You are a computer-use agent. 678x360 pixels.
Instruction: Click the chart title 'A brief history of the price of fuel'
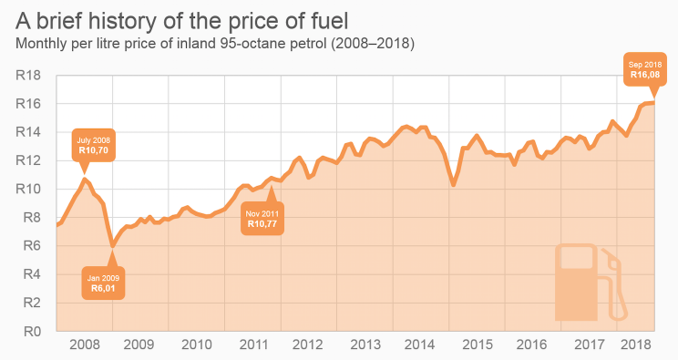[178, 18]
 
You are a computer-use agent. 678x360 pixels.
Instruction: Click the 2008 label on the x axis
[84, 345]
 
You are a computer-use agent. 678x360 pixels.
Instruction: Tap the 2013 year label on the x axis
[365, 345]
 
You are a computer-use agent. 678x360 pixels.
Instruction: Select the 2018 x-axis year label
[635, 345]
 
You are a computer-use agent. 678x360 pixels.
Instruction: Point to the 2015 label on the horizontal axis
[478, 345]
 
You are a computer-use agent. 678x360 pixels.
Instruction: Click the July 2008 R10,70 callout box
[94, 145]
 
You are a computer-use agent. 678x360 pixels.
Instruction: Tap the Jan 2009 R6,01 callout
[102, 283]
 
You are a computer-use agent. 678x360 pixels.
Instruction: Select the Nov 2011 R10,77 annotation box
[262, 218]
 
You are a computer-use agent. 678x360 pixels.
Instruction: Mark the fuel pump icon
[591, 283]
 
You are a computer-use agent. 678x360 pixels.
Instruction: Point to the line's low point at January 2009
[112, 246]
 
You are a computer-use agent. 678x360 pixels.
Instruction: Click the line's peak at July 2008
[85, 179]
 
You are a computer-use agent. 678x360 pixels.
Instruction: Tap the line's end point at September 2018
[653, 102]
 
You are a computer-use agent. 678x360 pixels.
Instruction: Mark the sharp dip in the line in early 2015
[454, 185]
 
